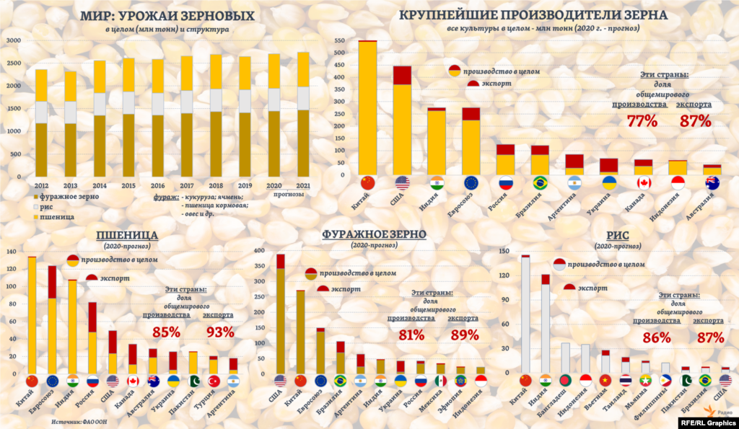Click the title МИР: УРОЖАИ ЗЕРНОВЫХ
[167, 15]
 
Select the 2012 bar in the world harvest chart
[41, 123]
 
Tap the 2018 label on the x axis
[215, 186]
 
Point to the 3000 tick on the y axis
[13, 40]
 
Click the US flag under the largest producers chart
[402, 182]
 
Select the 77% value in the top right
[642, 120]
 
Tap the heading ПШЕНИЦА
[128, 235]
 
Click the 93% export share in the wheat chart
[219, 332]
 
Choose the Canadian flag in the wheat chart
[133, 381]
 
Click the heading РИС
[618, 234]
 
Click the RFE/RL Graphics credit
[704, 423]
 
